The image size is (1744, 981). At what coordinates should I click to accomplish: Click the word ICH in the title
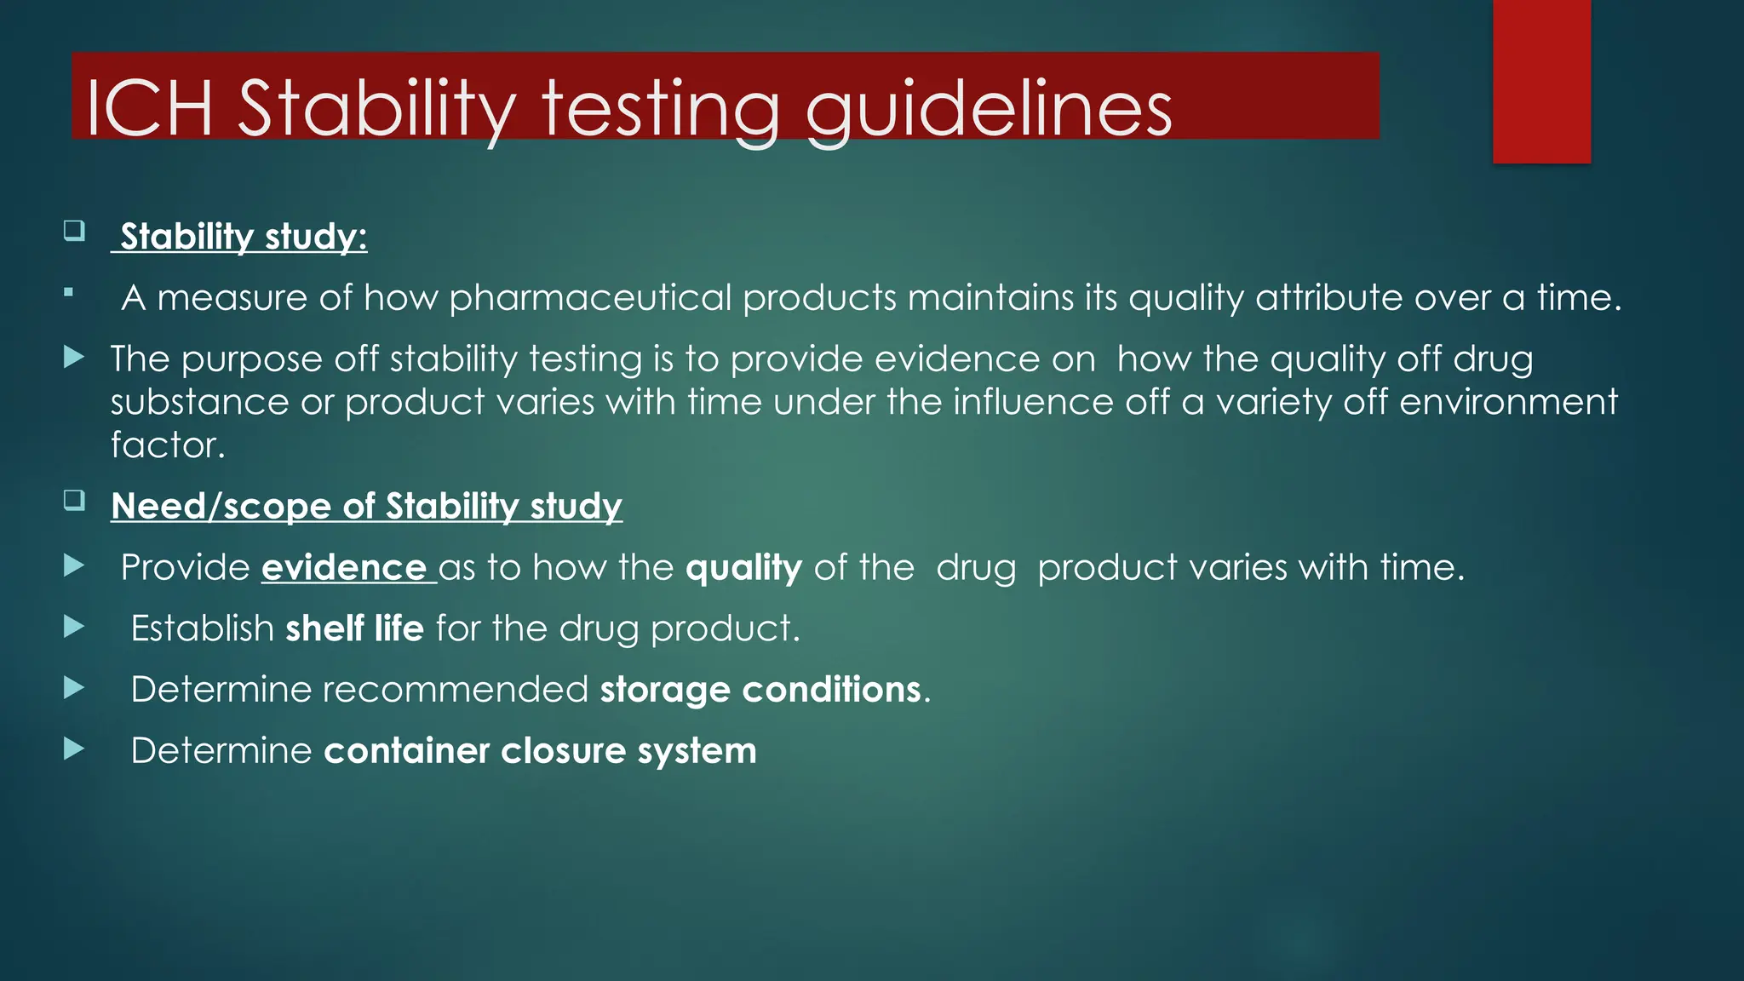tap(149, 108)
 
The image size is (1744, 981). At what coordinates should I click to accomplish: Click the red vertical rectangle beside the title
tap(1541, 81)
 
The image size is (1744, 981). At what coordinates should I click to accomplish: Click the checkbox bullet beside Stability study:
tap(74, 231)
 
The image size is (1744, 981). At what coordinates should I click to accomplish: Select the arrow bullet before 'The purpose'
tap(74, 357)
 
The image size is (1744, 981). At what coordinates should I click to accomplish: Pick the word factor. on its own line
tap(168, 445)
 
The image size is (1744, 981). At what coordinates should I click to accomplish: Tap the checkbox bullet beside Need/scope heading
tap(74, 500)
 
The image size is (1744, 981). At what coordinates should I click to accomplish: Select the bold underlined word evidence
tap(344, 568)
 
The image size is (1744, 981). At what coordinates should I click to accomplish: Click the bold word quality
tap(743, 568)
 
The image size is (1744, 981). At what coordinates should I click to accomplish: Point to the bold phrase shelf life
tap(354, 629)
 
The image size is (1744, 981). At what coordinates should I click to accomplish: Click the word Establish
tap(202, 629)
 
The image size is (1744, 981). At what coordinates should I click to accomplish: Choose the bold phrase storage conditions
tap(760, 690)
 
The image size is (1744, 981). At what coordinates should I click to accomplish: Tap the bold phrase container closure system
tap(540, 751)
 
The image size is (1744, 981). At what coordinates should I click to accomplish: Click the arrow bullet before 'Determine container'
tap(74, 749)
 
